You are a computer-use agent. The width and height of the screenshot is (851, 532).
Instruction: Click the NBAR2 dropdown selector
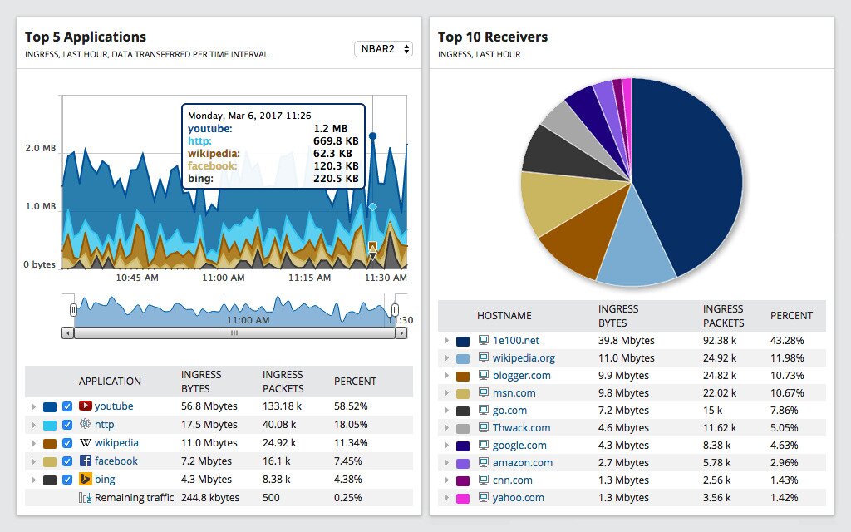[383, 49]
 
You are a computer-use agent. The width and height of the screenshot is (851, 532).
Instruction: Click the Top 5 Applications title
[86, 37]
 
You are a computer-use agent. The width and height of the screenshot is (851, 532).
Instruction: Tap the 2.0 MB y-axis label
[40, 148]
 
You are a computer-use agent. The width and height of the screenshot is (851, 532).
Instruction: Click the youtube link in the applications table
[114, 406]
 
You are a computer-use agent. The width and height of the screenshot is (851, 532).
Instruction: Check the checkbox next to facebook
[67, 461]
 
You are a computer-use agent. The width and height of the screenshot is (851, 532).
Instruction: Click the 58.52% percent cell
[352, 406]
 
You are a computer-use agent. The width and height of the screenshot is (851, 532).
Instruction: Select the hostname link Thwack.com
[521, 428]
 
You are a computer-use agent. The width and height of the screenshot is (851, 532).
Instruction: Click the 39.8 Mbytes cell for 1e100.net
[626, 341]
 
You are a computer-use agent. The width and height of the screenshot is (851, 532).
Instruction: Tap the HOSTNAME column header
[504, 316]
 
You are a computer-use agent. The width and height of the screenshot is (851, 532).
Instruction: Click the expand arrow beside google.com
[446, 446]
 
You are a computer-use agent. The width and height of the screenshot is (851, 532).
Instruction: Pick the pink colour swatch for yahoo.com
[463, 498]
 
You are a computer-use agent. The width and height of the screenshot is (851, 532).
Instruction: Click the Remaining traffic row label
[134, 498]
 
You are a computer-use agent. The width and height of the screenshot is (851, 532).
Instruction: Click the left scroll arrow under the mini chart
[68, 332]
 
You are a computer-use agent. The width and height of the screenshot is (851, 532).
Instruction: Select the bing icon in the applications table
[86, 480]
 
